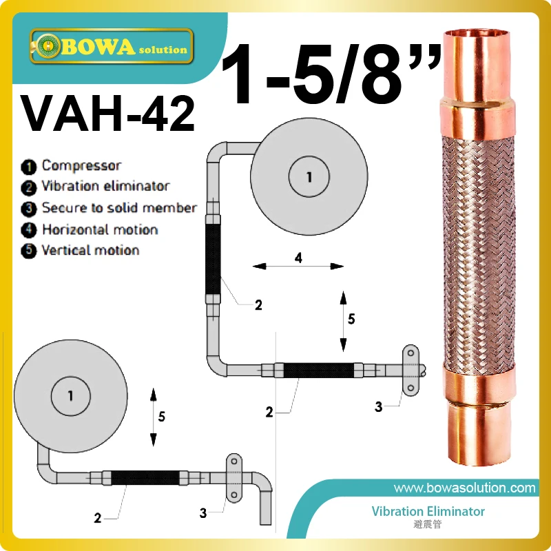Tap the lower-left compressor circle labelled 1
click(71, 396)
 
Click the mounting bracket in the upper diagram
click(412, 371)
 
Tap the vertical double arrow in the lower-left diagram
click(154, 417)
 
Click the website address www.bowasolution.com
click(464, 488)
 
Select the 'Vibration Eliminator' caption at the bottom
click(428, 512)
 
